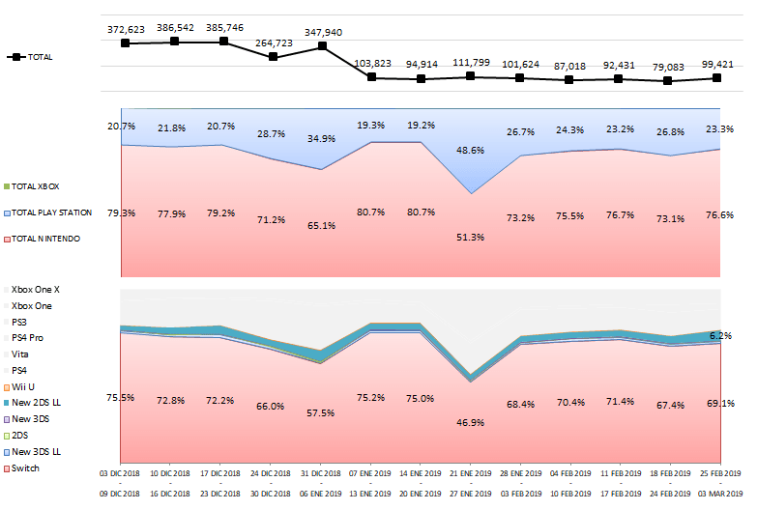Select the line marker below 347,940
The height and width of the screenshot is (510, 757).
pos(322,46)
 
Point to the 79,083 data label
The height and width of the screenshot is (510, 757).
pos(667,68)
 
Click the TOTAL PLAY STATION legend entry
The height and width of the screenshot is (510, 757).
pos(54,212)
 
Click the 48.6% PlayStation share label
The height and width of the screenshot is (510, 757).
pos(470,150)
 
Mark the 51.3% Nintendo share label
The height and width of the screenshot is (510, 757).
pos(470,237)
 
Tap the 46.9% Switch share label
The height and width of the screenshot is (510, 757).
pos(470,422)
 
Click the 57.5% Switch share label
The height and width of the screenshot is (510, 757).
pos(322,412)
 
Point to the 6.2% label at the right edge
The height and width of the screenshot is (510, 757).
pos(720,336)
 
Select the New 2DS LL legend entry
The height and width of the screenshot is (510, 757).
pos(36,403)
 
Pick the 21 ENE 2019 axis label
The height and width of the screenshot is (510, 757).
pos(470,473)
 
